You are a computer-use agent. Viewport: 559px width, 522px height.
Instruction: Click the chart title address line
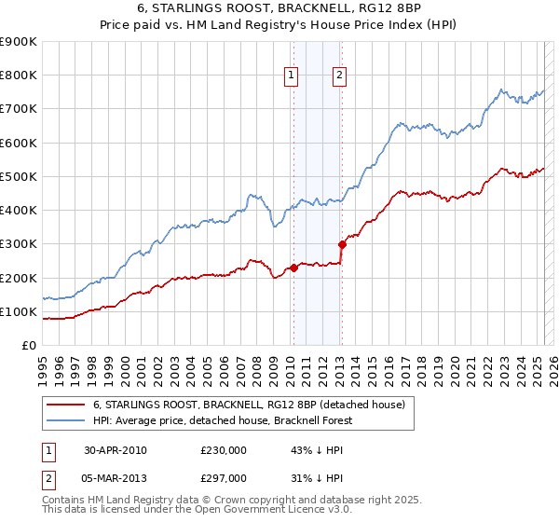coord(279,10)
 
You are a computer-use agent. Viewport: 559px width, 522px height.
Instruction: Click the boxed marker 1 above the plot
coord(292,76)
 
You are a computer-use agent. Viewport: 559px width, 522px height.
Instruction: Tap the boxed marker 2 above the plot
coord(339,76)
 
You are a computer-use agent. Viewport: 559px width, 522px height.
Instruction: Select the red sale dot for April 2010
coord(293,268)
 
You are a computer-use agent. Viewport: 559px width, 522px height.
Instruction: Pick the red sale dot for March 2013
coord(342,245)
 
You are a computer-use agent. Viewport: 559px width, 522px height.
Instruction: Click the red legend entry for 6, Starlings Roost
coord(249,405)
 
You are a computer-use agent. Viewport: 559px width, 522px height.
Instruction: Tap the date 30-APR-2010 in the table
coord(116,450)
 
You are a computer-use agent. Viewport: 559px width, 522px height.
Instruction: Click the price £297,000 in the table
coord(224,478)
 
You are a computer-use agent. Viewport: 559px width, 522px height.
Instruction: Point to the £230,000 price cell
coord(224,450)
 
